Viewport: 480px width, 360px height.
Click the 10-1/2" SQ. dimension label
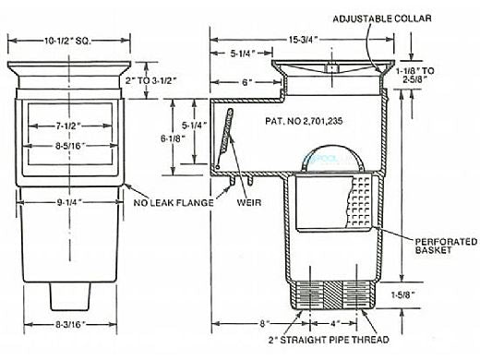(67, 41)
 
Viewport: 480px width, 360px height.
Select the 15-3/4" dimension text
(303, 40)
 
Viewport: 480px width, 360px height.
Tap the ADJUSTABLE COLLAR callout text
(382, 18)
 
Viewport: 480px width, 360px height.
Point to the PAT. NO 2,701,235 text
(304, 121)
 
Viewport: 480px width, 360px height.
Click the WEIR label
(249, 203)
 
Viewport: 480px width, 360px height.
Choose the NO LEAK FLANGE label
(174, 203)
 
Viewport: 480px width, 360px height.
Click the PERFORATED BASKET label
(446, 246)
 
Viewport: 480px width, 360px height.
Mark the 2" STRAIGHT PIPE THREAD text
(329, 340)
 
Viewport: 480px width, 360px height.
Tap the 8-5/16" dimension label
(70, 146)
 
